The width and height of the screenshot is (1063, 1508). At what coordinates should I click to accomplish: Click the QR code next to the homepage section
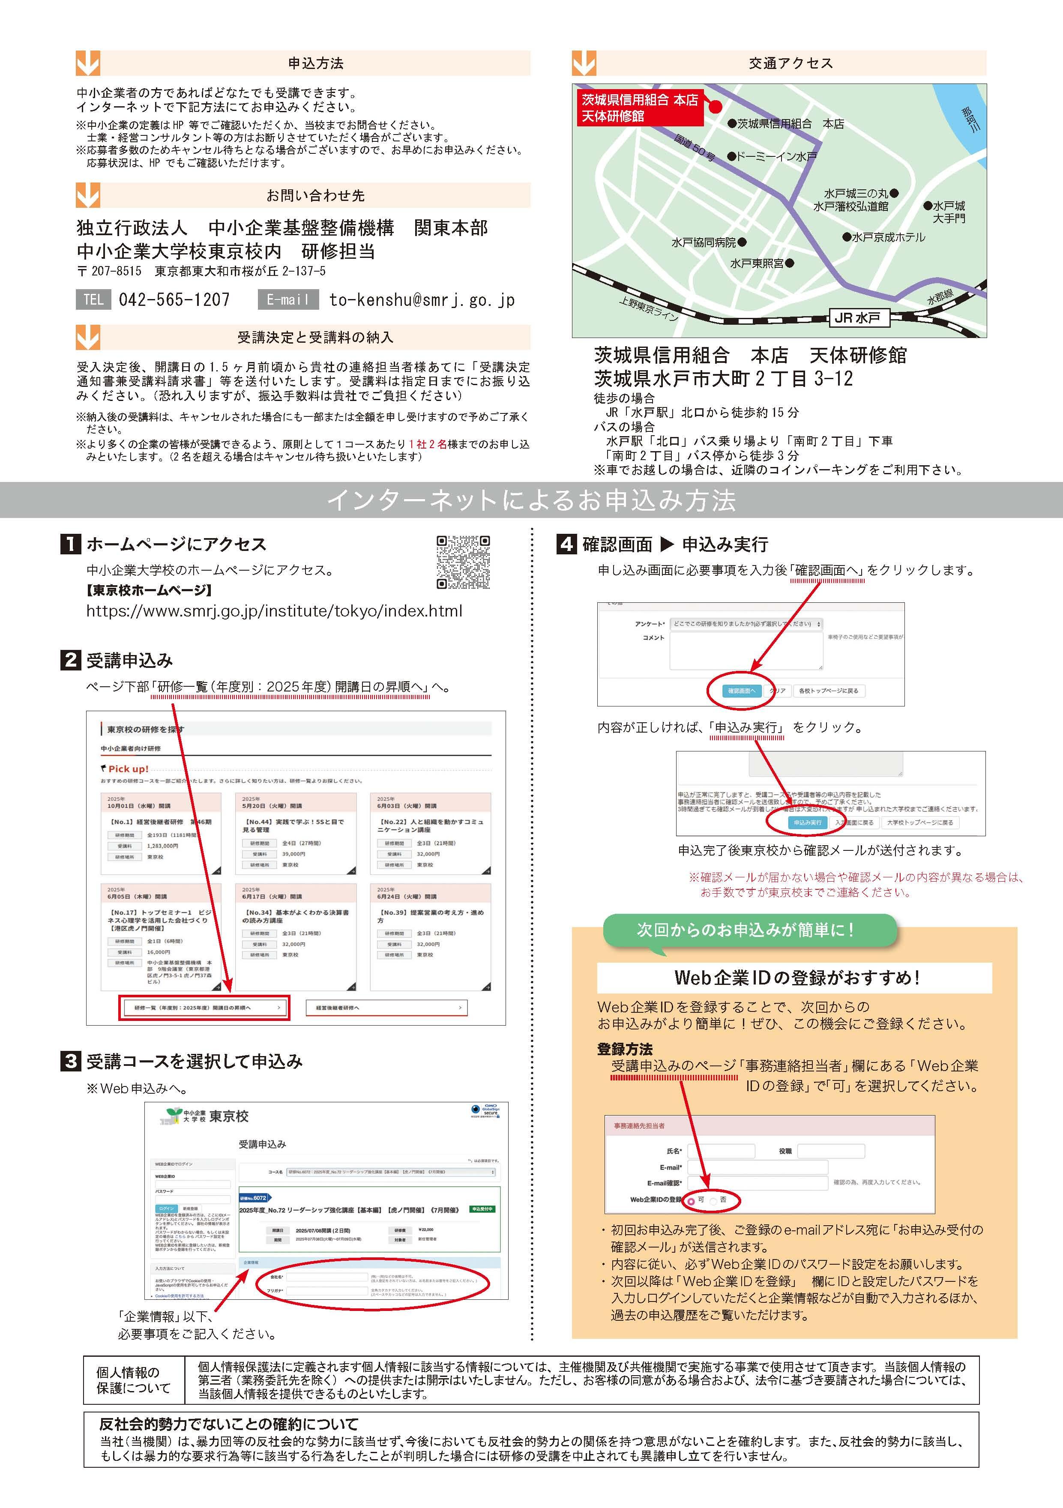tap(463, 562)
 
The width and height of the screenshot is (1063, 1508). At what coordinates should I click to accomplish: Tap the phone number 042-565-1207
tap(174, 300)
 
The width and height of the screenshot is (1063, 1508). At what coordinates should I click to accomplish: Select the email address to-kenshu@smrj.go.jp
tap(422, 300)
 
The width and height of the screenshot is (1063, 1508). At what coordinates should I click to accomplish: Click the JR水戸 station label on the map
tap(857, 318)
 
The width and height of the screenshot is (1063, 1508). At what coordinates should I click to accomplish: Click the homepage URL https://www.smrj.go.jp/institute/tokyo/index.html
tap(274, 611)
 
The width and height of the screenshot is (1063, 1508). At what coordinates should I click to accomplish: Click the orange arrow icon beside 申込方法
tap(88, 63)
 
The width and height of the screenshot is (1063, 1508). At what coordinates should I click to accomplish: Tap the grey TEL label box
tap(93, 300)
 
